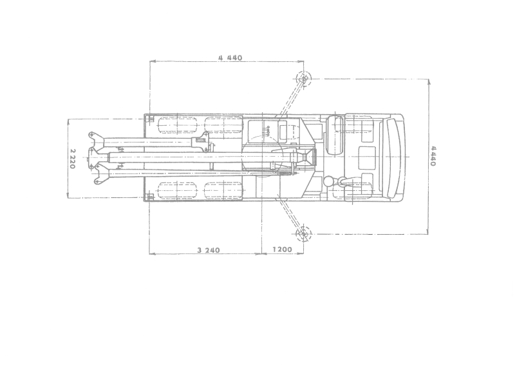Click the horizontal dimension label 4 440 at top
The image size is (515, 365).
[x=230, y=57]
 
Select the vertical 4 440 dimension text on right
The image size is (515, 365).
[x=433, y=156]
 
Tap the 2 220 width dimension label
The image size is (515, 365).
[x=73, y=159]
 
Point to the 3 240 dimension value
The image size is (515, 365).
[x=209, y=250]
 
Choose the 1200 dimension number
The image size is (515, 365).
[x=282, y=250]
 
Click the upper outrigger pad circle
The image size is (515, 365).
[x=303, y=79]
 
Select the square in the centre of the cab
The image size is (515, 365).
[x=367, y=156]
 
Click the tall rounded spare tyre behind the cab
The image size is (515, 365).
[x=335, y=135]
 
